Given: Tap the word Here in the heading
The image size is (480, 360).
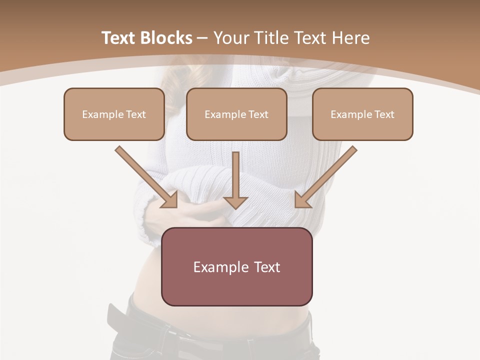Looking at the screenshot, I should [x=350, y=38].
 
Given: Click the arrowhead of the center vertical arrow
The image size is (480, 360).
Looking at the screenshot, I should [x=235, y=202].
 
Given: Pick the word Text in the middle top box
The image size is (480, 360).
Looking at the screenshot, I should [x=258, y=114].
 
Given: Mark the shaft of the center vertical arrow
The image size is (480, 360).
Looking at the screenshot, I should [x=235, y=172].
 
